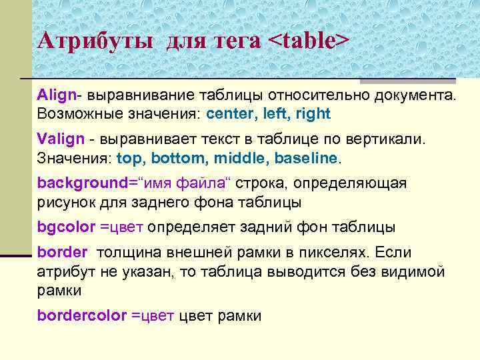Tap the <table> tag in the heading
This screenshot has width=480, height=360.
308,41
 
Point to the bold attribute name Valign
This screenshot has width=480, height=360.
61,139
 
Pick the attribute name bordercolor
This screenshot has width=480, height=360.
81,315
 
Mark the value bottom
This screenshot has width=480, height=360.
175,158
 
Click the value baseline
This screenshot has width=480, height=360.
306,158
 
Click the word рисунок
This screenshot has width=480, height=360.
65,201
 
